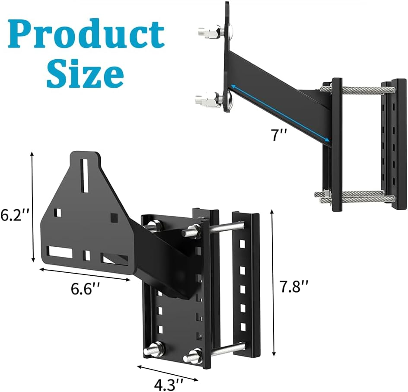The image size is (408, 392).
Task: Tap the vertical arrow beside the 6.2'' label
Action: click(x=32, y=207)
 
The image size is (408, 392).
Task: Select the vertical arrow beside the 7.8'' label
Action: click(x=273, y=284)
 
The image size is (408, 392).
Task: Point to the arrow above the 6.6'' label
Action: click(x=85, y=275)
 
